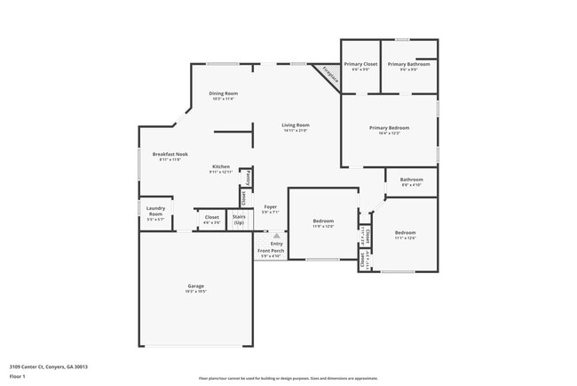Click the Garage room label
click(x=195, y=285)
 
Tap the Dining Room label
click(x=223, y=93)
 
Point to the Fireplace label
click(x=330, y=76)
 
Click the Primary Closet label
click(x=361, y=64)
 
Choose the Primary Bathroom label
click(x=408, y=64)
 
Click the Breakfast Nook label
click(x=169, y=155)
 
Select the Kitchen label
click(x=221, y=166)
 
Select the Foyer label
click(x=270, y=206)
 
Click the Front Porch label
click(x=271, y=251)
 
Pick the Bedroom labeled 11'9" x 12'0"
click(x=323, y=221)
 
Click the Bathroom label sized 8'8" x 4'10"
click(x=411, y=179)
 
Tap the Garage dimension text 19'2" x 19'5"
click(x=195, y=291)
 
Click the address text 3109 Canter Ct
click(x=49, y=366)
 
